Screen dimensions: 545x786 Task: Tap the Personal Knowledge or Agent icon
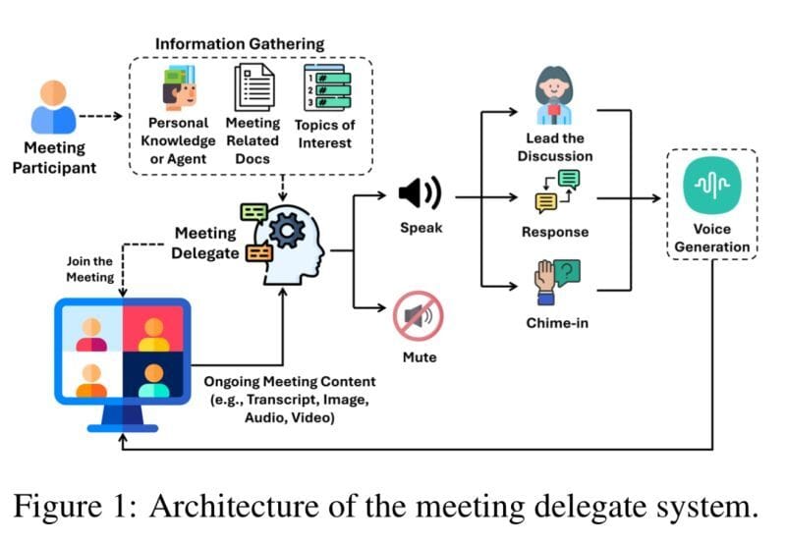(x=177, y=87)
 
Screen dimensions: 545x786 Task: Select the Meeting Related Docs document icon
(x=253, y=88)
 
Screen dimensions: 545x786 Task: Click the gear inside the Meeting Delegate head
(x=286, y=231)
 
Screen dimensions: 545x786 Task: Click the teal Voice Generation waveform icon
(x=712, y=186)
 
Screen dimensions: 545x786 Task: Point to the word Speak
(x=421, y=228)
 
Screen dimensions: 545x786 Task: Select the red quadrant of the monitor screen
(x=152, y=329)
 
